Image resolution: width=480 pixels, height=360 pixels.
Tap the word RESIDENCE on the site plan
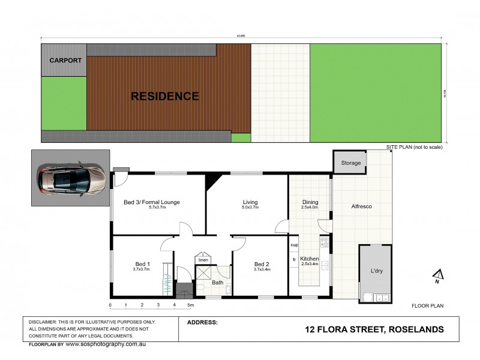(165, 95)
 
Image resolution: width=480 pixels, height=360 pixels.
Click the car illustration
(71, 178)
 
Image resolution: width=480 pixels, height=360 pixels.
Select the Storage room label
(351, 163)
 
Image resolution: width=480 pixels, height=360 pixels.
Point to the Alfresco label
(361, 206)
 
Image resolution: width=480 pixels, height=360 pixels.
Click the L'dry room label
(376, 271)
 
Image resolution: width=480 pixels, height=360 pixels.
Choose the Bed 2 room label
(262, 264)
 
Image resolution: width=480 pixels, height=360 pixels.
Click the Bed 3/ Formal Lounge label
(152, 202)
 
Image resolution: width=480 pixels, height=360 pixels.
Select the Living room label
(250, 202)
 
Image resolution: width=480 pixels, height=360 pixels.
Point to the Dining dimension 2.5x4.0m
(310, 208)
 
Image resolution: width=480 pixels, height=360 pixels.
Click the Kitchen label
(310, 259)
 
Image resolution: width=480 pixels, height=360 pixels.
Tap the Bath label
(217, 282)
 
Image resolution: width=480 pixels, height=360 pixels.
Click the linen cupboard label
(203, 260)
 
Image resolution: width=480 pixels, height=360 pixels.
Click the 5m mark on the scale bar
(190, 306)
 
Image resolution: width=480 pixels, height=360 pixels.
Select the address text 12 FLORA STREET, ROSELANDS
(374, 329)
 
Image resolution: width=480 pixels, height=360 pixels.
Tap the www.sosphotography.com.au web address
(106, 344)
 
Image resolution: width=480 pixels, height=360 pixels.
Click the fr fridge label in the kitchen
(294, 259)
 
